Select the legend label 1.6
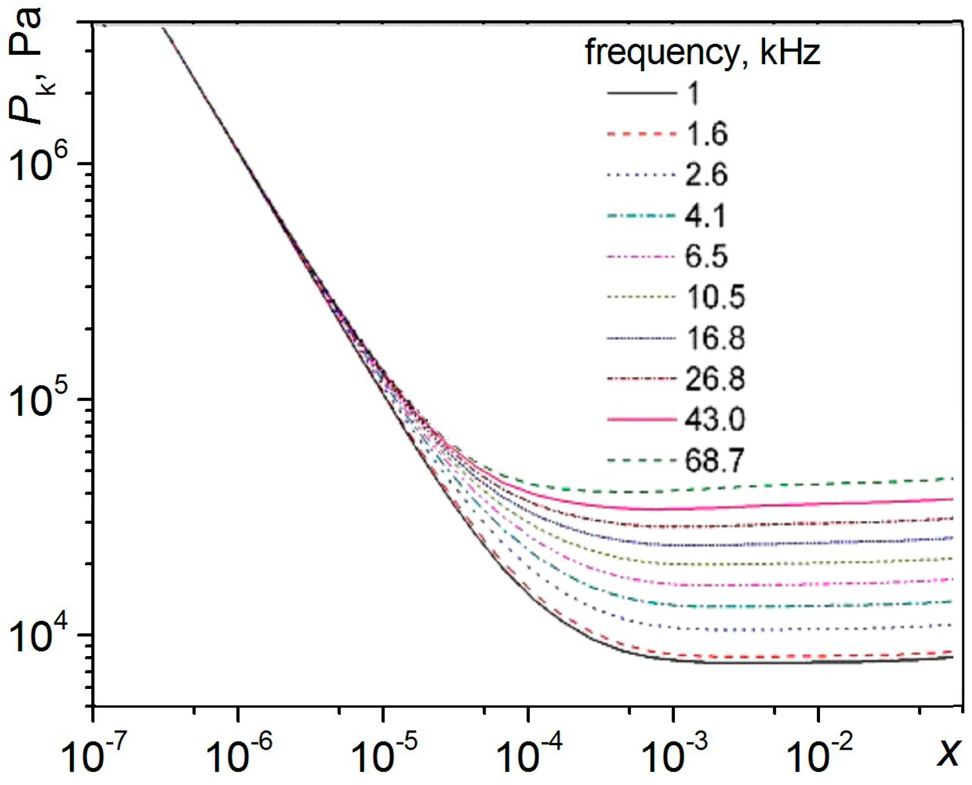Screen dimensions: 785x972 point(706,133)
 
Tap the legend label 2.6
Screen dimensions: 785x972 point(706,174)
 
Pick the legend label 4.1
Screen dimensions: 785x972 point(705,215)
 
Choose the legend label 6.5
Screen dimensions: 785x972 point(706,256)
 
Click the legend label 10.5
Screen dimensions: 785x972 point(715,297)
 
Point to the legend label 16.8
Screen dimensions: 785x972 point(715,338)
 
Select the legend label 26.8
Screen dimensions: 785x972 point(715,379)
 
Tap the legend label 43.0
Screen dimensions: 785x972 point(715,419)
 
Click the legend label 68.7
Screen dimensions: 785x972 point(715,460)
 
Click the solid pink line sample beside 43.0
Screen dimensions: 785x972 point(641,419)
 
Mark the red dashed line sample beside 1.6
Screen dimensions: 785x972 point(641,133)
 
